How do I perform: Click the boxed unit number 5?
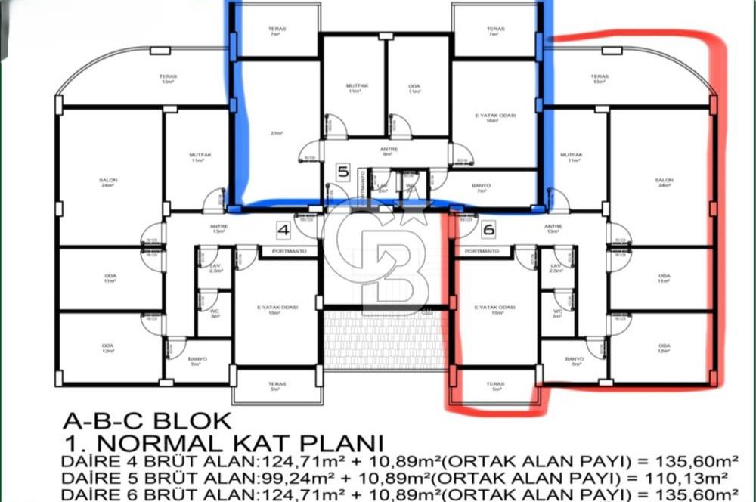pyautogui.click(x=342, y=172)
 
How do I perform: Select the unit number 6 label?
pyautogui.click(x=488, y=229)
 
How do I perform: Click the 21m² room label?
pyautogui.click(x=276, y=133)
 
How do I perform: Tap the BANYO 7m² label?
pyautogui.click(x=481, y=188)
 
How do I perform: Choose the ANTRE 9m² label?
pyautogui.click(x=389, y=151)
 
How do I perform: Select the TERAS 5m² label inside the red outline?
pyautogui.click(x=495, y=386)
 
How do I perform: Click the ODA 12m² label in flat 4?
pyautogui.click(x=110, y=348)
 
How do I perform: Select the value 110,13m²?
pyautogui.click(x=690, y=478)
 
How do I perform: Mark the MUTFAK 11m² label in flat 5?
pyautogui.click(x=354, y=88)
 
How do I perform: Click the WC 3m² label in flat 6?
pyautogui.click(x=557, y=313)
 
